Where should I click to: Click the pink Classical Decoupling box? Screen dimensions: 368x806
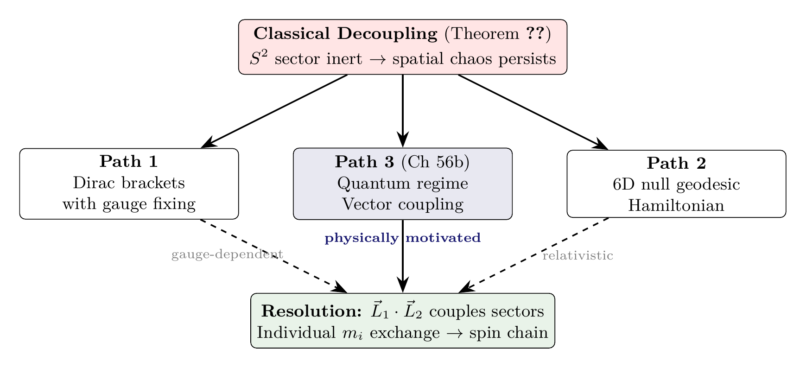click(402, 46)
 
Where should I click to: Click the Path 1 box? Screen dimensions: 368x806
click(129, 184)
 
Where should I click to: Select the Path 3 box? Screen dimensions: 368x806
click(402, 184)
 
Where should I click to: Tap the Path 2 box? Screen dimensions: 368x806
click(676, 184)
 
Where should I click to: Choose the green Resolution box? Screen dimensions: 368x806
click(402, 321)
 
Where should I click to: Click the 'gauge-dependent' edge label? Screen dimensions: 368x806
click(227, 254)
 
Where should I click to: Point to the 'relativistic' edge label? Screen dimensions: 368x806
click(578, 255)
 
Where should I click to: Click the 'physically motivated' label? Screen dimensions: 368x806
click(402, 238)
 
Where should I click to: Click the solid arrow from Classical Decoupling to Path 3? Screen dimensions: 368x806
click(402, 109)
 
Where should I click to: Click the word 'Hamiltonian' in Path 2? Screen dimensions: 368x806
click(676, 205)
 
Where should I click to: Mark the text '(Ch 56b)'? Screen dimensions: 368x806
click(435, 162)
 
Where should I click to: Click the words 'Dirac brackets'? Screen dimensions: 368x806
click(129, 183)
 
